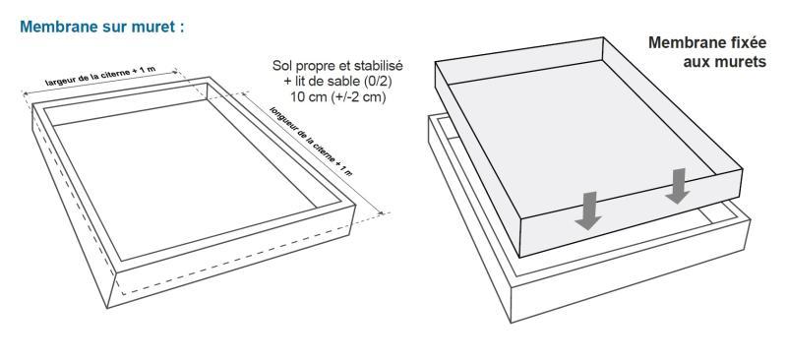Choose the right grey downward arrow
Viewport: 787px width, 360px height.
point(676,185)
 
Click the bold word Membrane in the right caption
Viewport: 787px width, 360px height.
point(683,44)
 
